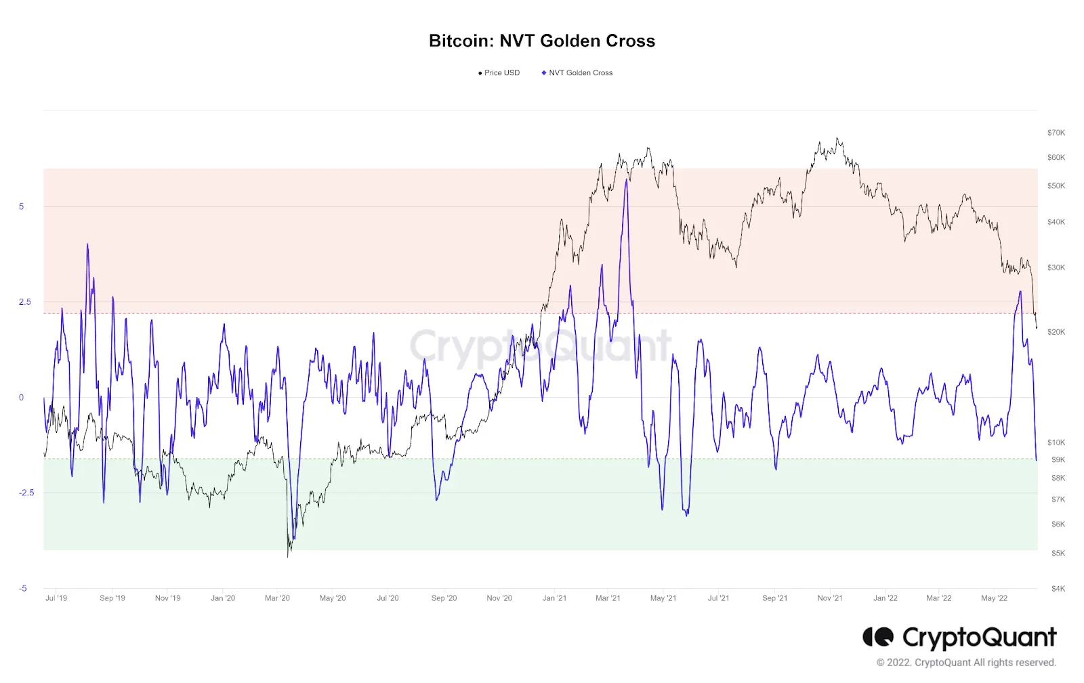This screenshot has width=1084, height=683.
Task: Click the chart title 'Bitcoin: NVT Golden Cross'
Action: coord(541,41)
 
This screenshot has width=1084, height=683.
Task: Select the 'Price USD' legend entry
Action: coord(499,73)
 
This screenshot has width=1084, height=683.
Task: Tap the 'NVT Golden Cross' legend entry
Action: coord(577,73)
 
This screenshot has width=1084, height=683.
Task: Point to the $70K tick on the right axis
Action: coord(1056,133)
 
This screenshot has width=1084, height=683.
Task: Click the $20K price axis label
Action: coord(1056,332)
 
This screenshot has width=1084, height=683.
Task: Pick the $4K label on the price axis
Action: coord(1058,589)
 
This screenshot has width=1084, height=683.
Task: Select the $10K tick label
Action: coord(1056,442)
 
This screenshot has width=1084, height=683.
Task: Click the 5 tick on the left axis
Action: coord(21,207)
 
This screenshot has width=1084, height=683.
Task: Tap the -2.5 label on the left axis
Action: coord(27,493)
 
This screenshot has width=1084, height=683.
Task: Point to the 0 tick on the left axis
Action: coord(21,398)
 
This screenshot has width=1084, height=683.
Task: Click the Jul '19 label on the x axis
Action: coord(56,598)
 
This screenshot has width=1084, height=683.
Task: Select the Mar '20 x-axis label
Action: coord(277,598)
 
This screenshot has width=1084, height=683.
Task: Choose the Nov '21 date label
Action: coord(830,598)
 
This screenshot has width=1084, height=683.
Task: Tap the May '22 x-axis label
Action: coord(995,598)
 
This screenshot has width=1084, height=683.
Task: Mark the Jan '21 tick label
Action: coord(555,598)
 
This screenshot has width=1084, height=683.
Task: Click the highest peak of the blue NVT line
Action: coord(627,180)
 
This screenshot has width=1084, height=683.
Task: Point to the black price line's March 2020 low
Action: coord(288,557)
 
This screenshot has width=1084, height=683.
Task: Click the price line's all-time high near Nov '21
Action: coord(837,138)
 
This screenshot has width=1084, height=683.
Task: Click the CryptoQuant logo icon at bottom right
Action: coord(878,636)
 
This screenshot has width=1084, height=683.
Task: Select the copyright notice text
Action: coord(966,663)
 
